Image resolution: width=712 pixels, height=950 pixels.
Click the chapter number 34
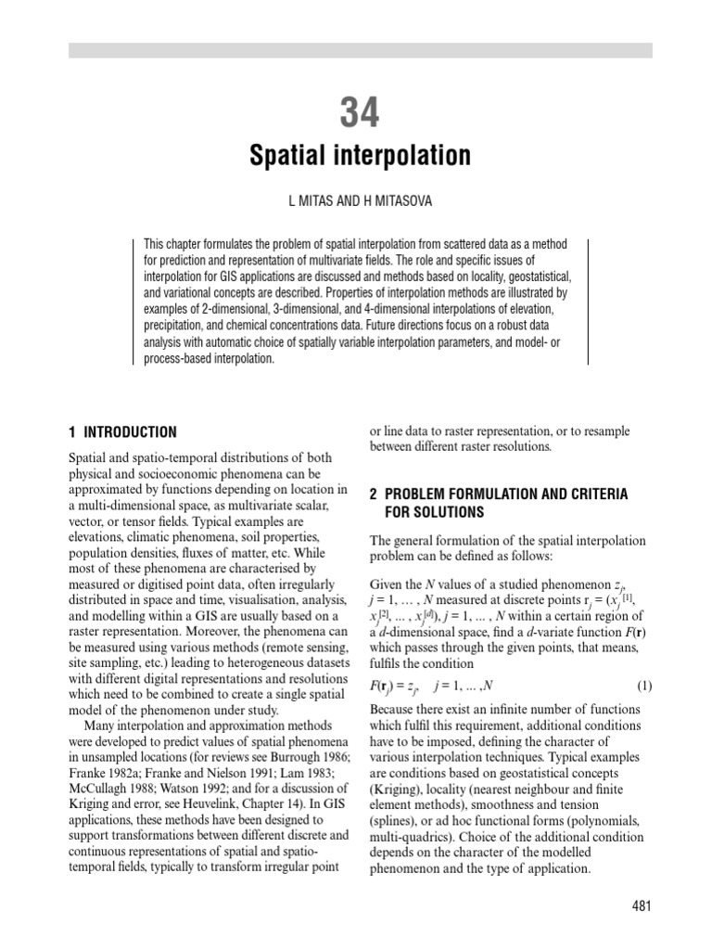point(360,113)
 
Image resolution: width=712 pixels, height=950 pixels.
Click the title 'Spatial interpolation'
point(360,155)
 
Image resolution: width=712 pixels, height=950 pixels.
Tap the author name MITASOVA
point(400,201)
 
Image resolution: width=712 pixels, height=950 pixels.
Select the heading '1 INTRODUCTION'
point(122,432)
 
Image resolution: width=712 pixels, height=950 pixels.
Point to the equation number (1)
point(644,687)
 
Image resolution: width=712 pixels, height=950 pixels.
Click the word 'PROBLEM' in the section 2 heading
point(426,494)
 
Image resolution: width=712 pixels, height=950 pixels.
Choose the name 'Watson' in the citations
point(190,788)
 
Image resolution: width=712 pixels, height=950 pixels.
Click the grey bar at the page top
point(360,50)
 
